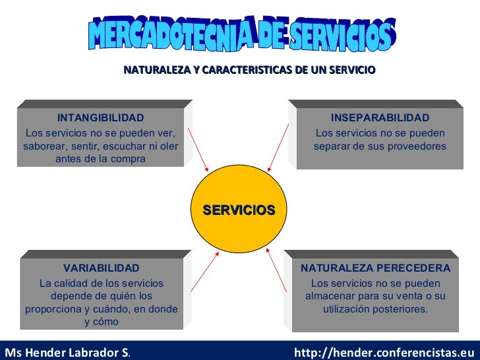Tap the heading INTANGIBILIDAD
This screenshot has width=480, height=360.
coord(100,117)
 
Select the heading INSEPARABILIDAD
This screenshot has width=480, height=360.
coord(380,117)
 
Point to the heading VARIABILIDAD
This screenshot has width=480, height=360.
coord(101,268)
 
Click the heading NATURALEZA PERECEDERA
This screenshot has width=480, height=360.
coord(376,268)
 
